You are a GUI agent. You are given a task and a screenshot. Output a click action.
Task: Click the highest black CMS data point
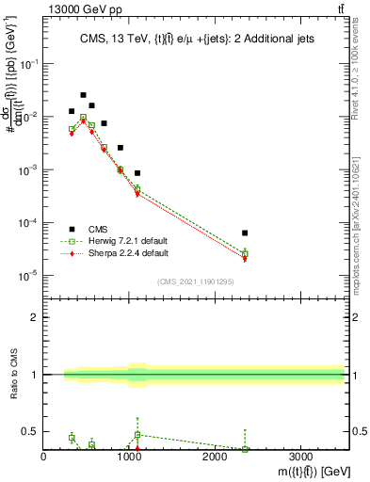(84, 95)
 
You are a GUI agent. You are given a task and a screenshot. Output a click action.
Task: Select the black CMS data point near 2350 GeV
(245, 233)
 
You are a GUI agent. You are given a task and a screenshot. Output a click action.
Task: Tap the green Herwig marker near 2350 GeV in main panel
(245, 253)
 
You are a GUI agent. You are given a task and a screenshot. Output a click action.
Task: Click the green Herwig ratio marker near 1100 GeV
(137, 435)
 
